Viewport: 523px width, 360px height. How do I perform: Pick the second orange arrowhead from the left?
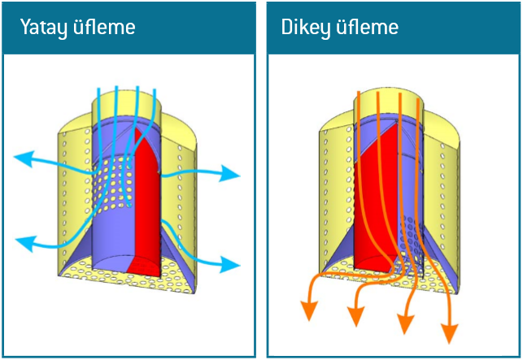tap(355, 315)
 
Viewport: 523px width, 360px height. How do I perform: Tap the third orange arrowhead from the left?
tap(403, 324)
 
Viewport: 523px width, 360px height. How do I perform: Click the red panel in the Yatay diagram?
tap(146, 203)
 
